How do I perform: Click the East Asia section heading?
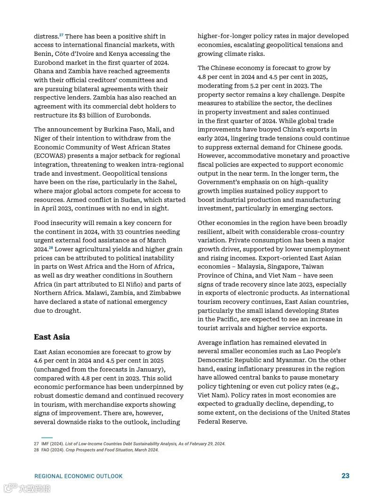coord(52,337)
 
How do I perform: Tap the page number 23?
coord(345,476)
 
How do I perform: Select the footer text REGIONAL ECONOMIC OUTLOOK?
coord(79,476)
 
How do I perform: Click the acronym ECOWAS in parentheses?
coord(52,156)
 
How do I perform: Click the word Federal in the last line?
coord(210,421)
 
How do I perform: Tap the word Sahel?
coord(165,182)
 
